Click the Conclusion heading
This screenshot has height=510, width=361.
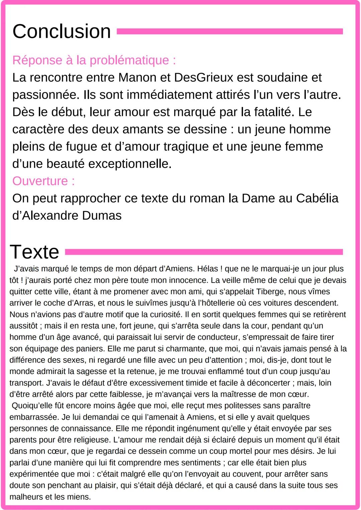pos(62,31)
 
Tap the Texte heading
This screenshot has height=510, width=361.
pos(34,251)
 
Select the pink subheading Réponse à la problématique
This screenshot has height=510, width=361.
pos(94,60)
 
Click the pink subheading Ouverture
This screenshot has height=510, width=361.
pos(43,181)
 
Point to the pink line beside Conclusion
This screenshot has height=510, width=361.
pos(230,31)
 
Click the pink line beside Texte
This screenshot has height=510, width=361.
pos(204,252)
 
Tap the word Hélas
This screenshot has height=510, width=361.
pos(207,269)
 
